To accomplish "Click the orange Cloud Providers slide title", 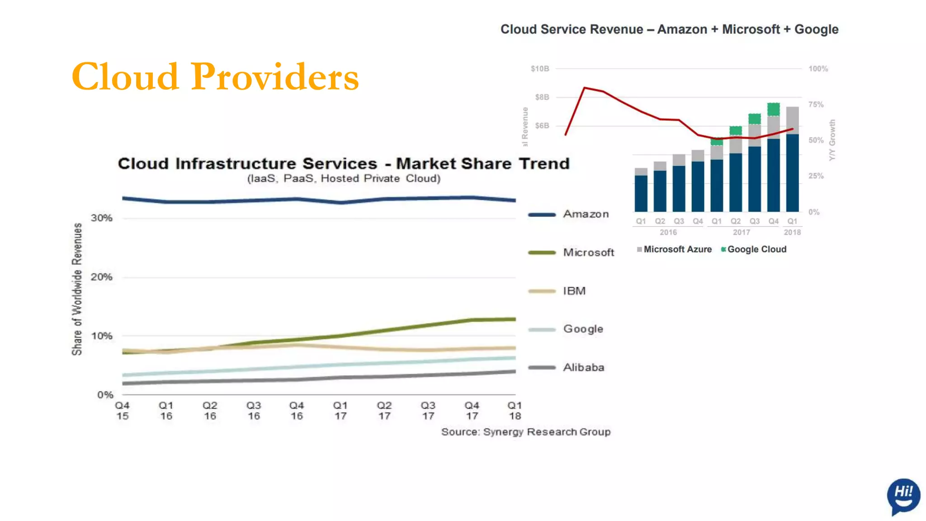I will pos(215,77).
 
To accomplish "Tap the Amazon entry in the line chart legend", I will pos(586,214).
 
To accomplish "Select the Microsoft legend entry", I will pos(588,252).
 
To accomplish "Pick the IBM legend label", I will pos(574,291).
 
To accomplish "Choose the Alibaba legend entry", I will pos(583,367).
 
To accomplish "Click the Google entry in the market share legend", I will pos(583,329).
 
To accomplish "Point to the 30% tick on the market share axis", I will pos(102,218).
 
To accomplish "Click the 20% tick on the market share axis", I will pos(102,277).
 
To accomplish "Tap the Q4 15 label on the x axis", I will pos(123,411).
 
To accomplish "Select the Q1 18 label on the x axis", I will pos(515,411).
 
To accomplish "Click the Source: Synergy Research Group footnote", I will pos(526,432).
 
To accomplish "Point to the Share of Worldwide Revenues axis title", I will pos(77,289).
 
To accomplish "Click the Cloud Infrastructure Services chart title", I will pos(344,164).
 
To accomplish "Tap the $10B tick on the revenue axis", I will pos(540,69).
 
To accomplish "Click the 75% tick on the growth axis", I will pos(816,104).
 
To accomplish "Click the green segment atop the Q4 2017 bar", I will pos(774,109).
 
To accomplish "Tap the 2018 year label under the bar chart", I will pos(792,232).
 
